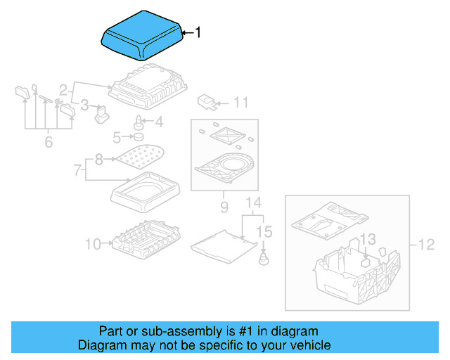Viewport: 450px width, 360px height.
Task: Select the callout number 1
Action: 198,32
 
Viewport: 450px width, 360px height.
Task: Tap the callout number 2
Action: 63,90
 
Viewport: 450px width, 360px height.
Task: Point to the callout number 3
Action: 84,105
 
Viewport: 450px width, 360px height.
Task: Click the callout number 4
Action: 158,122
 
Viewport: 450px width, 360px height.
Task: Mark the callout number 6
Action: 48,142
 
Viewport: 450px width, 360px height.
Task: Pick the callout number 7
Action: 78,169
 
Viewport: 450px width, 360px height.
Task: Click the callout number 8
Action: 98,160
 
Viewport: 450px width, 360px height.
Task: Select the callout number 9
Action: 224,207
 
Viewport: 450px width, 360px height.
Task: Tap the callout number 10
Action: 94,244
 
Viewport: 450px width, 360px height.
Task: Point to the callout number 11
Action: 240,103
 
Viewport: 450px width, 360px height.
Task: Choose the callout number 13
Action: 368,240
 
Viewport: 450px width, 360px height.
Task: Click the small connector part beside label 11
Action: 206,101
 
